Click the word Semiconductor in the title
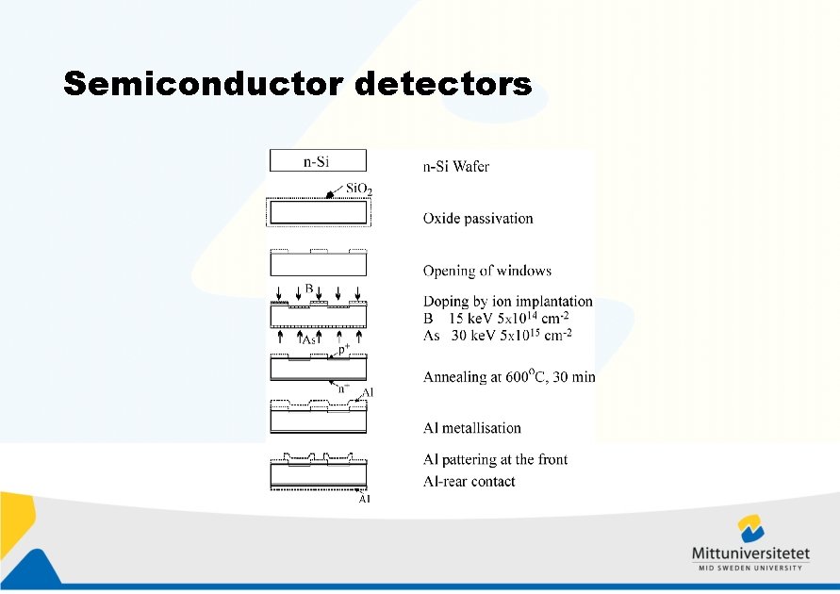pos(205,84)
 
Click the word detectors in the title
pos(444,84)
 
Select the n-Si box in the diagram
pos(317,161)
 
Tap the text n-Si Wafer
pos(455,167)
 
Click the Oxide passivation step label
pos(478,218)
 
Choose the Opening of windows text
pos(486,271)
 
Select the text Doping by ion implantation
pos(507,302)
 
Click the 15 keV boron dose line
pos(496,318)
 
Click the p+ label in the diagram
pos(343,349)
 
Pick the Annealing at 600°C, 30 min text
pos(509,376)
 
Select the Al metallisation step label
pos(471,428)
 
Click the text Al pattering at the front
pos(495,459)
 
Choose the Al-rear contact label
pos(469,482)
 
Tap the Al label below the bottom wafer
pos(364,499)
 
